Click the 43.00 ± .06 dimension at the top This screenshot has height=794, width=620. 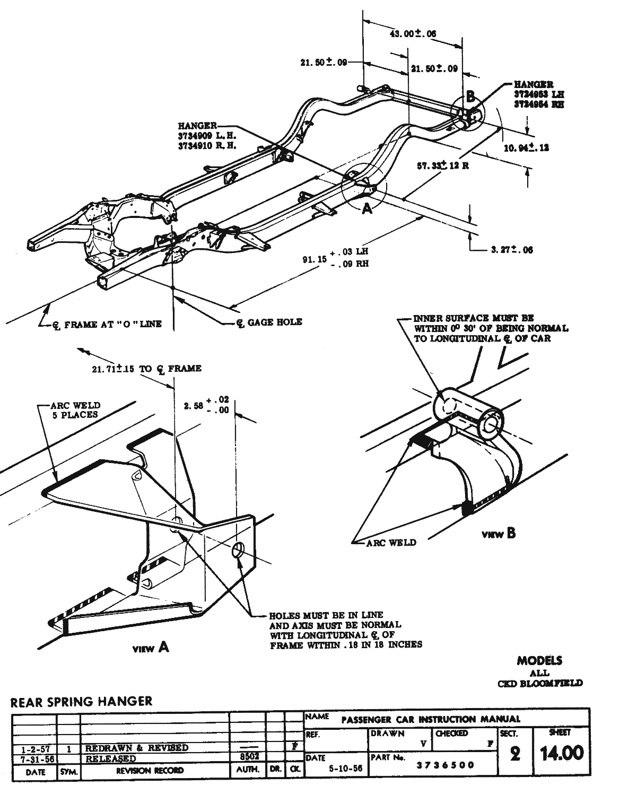(x=413, y=34)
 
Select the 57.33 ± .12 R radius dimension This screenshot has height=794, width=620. (x=443, y=165)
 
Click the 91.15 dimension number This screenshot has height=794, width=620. (x=313, y=259)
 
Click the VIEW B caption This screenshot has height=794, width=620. (x=498, y=534)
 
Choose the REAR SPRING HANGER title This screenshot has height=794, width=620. (x=81, y=701)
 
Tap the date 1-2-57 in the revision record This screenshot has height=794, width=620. (x=36, y=748)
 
